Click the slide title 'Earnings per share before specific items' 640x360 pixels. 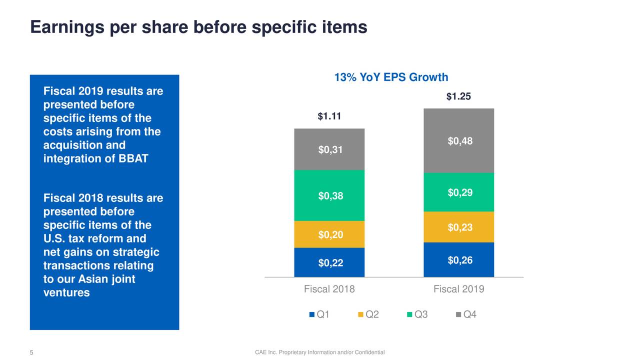coord(198,27)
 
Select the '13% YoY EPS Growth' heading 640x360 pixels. coord(391,77)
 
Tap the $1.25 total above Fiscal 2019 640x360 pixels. coord(458,97)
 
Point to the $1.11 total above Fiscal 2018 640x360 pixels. coord(329,117)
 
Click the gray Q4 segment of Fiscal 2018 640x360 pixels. coord(329,149)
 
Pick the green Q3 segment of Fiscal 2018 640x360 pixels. coord(329,196)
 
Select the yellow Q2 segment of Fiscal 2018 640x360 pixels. coord(329,234)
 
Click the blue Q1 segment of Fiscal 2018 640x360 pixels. coord(329,262)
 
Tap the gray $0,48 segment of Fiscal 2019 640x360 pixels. coord(459,141)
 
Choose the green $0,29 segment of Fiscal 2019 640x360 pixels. coord(459,192)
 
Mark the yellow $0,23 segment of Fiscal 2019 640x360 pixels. coord(459,227)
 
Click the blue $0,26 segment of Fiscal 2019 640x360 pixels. coord(459,260)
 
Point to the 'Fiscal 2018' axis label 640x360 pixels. coord(329,289)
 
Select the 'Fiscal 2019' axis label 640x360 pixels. coord(459,289)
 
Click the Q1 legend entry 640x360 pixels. coord(319,314)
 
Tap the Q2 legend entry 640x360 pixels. coord(368,314)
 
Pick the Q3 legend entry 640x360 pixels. coord(417,314)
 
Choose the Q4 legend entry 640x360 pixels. coord(466,314)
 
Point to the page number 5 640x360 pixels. coord(31,353)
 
